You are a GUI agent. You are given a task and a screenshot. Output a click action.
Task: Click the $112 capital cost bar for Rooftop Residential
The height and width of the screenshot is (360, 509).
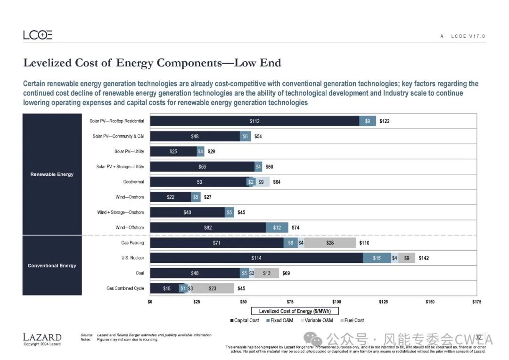[254, 121]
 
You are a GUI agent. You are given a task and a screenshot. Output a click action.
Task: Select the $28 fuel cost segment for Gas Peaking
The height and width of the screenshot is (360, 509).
[329, 243]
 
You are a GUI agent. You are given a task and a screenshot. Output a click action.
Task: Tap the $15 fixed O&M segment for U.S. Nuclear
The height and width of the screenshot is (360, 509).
[377, 258]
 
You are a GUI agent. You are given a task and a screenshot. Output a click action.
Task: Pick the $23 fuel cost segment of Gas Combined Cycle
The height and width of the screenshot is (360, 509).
[212, 288]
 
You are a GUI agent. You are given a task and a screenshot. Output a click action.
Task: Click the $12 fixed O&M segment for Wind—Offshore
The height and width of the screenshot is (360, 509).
[277, 228]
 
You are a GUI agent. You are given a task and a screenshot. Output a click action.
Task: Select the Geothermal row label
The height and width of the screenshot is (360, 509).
[133, 182]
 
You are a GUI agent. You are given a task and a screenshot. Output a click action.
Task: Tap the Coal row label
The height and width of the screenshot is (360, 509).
[140, 273]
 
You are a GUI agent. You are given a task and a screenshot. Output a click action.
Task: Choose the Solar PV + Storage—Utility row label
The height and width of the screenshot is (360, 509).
[120, 167]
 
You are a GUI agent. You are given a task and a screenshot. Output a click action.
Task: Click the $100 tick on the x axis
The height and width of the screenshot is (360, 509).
[337, 301]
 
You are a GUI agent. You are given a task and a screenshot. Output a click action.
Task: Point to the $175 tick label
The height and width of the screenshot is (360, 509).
[476, 301]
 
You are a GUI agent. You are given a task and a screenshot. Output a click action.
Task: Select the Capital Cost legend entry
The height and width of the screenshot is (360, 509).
[245, 320]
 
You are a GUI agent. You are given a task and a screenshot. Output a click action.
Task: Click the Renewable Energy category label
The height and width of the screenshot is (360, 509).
[52, 174]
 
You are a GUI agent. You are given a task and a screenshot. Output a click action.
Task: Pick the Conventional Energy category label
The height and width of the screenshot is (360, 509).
[52, 266]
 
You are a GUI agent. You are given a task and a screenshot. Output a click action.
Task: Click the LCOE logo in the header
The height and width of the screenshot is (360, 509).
[38, 35]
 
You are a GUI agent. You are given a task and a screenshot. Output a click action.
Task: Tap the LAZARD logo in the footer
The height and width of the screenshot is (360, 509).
[42, 337]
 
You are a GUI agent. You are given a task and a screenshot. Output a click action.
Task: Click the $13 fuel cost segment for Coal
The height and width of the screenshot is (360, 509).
[267, 273]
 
